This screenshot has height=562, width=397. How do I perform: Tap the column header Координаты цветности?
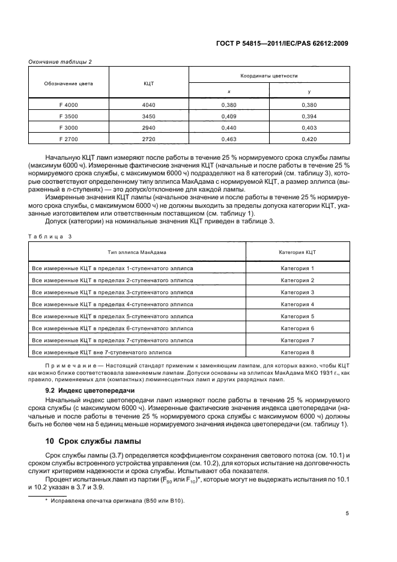pyautogui.click(x=269, y=76)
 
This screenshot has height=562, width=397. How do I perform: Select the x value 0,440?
pyautogui.click(x=229, y=127)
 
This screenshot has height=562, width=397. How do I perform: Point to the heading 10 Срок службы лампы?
pyautogui.click(x=94, y=441)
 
